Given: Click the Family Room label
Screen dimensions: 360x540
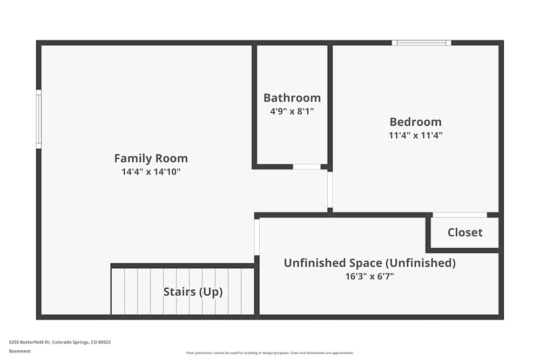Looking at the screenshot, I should [151, 159].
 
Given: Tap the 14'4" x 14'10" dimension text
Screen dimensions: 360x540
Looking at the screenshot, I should [151, 172].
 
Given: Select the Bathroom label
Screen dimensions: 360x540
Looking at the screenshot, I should [292, 98].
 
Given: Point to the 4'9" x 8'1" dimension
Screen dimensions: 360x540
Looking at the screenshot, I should [292, 112].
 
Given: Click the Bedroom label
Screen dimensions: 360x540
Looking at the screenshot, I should [415, 122].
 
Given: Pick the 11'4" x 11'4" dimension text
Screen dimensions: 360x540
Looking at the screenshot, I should [415, 135].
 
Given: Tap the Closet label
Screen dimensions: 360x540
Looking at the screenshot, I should [464, 233].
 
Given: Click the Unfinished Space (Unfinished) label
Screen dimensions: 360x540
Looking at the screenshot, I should [369, 263].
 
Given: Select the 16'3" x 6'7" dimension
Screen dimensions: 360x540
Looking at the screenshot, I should [369, 276].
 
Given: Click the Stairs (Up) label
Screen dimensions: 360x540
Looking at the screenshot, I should [193, 292].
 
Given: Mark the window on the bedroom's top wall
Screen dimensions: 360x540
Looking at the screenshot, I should [421, 43].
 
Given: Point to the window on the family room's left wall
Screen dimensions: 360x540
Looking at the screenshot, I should [39, 119].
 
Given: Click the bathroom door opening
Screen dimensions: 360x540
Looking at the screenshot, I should [307, 167].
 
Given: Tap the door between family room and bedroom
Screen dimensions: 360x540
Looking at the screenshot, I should [330, 189].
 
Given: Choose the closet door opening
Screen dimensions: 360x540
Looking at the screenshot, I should [460, 215].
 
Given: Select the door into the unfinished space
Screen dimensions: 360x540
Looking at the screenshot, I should [257, 236].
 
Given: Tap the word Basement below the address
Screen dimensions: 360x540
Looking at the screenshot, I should [20, 351].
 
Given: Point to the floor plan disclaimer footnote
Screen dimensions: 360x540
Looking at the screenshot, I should [270, 353].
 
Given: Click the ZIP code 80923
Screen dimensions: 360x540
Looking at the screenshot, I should [104, 342].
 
